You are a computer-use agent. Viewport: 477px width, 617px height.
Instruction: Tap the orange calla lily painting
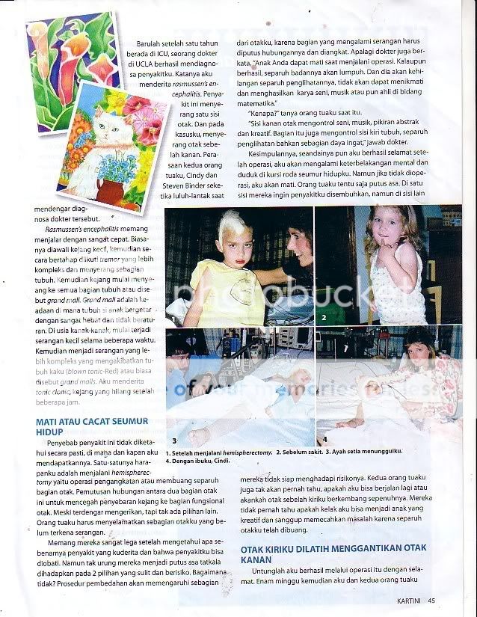(70, 52)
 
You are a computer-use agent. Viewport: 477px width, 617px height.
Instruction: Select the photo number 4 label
(324, 441)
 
